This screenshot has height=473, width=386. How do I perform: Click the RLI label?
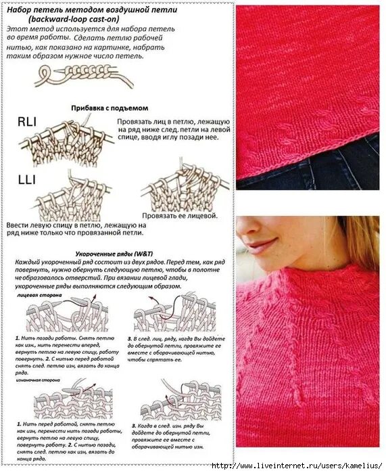point(28,122)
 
